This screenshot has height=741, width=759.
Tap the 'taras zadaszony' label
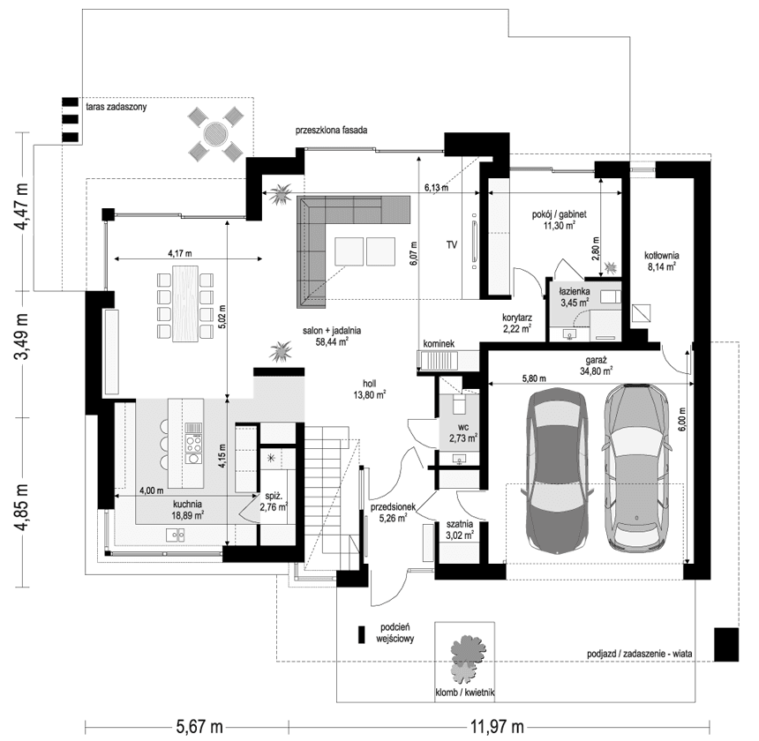coord(116,106)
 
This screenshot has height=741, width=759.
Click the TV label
coord(451,244)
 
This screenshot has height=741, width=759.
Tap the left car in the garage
coord(555,470)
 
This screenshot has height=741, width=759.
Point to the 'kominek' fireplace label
coord(438,343)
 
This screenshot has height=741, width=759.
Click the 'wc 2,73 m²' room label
coord(462,431)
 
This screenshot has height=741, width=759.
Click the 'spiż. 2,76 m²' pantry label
coord(273,503)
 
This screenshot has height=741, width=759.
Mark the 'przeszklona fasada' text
coord(332,131)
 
